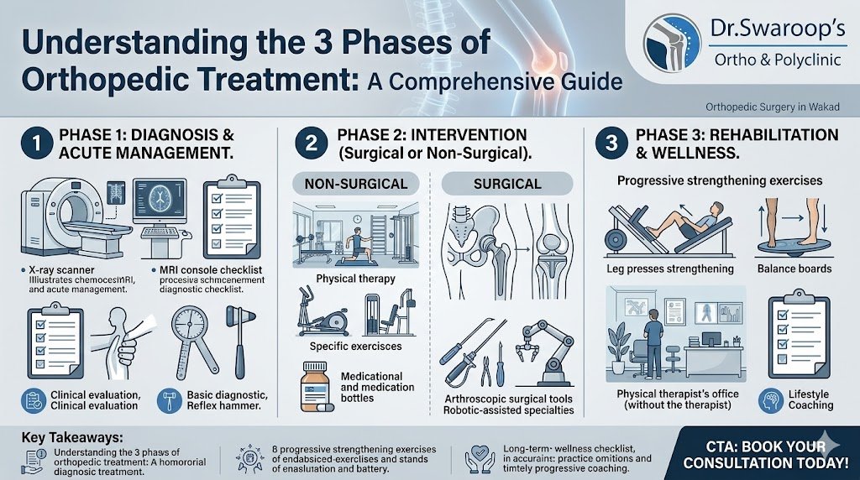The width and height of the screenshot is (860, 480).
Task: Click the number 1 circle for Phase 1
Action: click(34, 143)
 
